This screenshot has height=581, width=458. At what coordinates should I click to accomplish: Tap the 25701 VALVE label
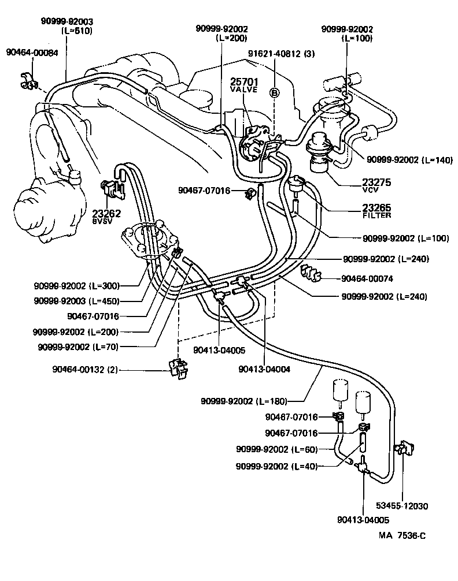(243, 85)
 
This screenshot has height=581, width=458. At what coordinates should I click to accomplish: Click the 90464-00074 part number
(367, 278)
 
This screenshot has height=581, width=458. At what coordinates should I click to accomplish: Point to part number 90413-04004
(264, 368)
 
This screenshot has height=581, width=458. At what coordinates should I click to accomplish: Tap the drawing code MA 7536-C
(402, 535)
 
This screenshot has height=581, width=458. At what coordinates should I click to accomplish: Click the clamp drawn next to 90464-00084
(28, 83)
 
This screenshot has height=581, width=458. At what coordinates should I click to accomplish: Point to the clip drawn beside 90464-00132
(177, 368)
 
